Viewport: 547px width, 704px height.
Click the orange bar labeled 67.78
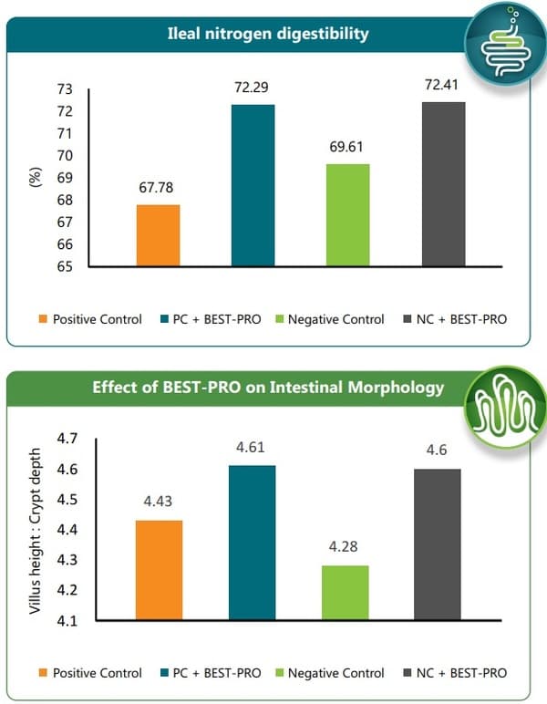158,235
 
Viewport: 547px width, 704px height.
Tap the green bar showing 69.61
347,215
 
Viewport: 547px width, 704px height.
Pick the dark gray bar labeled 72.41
442,184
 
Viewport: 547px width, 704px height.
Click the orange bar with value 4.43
158,570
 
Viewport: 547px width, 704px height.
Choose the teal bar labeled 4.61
253,543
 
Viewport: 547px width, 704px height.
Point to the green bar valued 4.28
347,593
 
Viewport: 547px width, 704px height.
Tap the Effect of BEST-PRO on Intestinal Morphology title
268,387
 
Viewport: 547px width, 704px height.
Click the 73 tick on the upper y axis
65,89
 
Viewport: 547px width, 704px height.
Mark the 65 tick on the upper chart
65,267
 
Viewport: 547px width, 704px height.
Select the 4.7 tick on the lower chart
66,439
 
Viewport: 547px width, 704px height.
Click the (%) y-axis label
36,178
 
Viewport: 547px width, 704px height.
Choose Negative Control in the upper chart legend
335,319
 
